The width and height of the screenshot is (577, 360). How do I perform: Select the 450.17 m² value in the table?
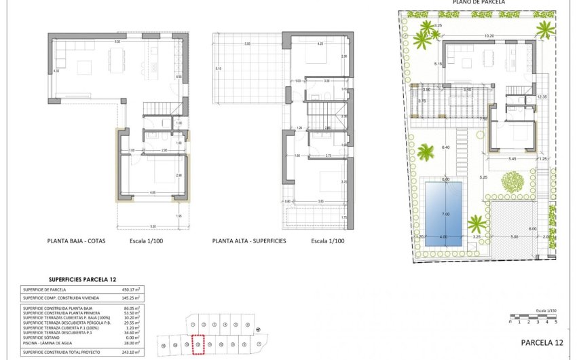coord(130,289)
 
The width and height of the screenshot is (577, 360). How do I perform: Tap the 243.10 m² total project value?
coord(130,352)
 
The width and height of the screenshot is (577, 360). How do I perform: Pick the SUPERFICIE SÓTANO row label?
coord(43,338)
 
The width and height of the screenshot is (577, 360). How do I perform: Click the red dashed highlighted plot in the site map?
coord(198,344)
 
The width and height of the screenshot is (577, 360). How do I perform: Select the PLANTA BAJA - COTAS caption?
coord(76,241)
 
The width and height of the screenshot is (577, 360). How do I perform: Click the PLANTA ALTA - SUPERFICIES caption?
coord(248,241)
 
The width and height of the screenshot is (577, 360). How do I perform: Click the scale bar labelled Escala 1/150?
coord(527,317)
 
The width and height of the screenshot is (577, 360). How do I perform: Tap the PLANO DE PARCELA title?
coord(479,3)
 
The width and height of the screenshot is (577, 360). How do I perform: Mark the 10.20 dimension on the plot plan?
coord(489,36)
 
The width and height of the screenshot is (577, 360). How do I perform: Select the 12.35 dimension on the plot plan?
coord(541,97)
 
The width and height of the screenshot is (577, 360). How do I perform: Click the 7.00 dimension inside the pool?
coord(445,214)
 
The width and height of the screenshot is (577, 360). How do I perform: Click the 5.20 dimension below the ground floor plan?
coord(153,226)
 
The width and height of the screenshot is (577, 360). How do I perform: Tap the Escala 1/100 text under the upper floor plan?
coord(328,241)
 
